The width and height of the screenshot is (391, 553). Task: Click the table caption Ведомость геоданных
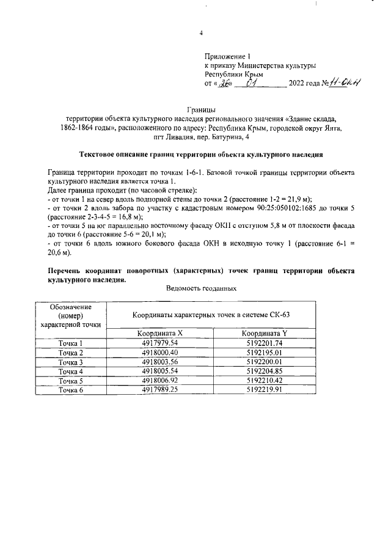coord(200,287)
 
